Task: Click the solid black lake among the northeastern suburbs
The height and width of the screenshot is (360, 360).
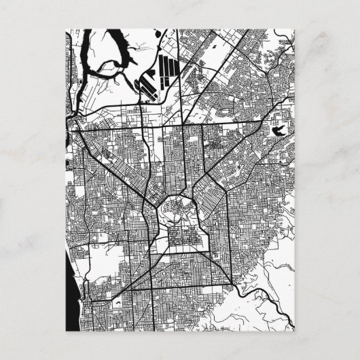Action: click(x=278, y=129)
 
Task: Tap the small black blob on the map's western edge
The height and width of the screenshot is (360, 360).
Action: click(x=69, y=123)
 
